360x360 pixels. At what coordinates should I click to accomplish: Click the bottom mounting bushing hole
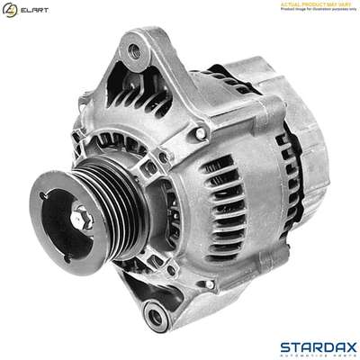point(161,315)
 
